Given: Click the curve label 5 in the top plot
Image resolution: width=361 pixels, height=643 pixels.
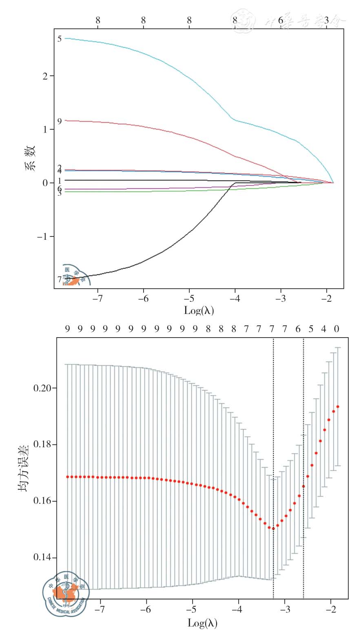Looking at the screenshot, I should point(60,39).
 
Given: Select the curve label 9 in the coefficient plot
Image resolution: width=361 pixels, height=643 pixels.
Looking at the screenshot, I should point(60,121).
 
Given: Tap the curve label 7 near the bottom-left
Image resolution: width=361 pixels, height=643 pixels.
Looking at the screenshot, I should point(60,279).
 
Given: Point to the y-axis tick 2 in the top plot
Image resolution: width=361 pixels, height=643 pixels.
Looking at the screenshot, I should point(45,76).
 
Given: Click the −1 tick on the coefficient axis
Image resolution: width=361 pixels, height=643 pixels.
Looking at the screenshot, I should point(43,237).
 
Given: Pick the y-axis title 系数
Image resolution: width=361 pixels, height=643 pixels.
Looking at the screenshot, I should point(31,157).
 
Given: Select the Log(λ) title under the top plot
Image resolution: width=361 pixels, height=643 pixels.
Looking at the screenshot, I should point(199,310).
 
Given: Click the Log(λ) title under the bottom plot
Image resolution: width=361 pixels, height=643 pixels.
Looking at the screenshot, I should point(202,623).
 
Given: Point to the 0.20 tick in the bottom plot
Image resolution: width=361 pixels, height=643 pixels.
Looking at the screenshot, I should point(42,388).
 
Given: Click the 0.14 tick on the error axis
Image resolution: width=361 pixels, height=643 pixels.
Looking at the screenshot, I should point(42,557).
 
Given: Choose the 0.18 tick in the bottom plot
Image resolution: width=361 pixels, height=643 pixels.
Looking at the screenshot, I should point(42,444).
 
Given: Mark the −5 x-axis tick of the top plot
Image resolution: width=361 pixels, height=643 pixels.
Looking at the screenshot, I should point(189,298).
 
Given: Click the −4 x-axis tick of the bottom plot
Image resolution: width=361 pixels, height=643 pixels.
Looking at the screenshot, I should point(237,610).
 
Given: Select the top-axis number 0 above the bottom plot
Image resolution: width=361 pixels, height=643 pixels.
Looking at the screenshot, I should point(337,329).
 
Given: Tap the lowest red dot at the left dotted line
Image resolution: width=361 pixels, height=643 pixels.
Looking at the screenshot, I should point(273,528).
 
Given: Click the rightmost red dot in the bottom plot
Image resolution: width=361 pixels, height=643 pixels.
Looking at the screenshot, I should point(338,407).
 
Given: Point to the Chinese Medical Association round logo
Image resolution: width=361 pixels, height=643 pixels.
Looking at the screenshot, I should point(66,594).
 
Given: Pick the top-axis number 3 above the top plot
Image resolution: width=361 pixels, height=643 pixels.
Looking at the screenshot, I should point(326,20).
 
